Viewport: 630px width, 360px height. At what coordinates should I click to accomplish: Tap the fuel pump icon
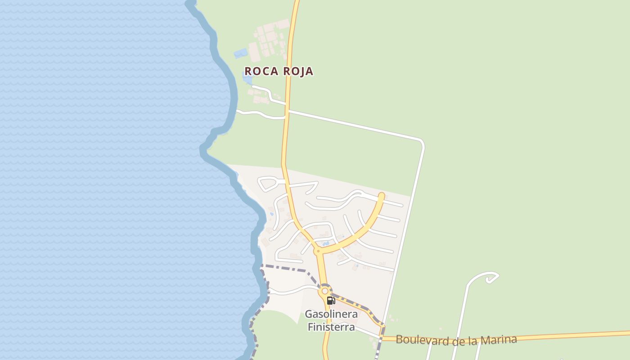331,301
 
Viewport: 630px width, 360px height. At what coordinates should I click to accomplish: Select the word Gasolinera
331,314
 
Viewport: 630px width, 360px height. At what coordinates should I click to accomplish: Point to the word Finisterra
331,327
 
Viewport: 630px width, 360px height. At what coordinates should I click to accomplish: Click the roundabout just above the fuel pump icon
325,291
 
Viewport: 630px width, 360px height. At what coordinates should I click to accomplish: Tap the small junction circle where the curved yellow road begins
318,251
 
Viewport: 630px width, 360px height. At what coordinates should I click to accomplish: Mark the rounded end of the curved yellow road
382,196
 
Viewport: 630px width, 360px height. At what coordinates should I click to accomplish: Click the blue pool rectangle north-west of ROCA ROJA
241,54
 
